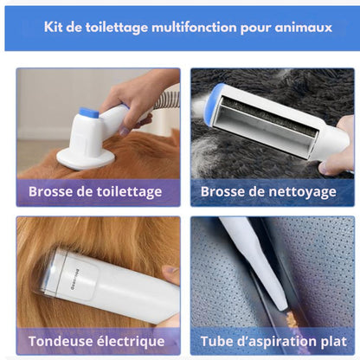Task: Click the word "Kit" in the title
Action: pyautogui.click(x=54, y=28)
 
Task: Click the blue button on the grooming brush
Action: pyautogui.click(x=90, y=113)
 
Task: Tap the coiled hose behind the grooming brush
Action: pyautogui.click(x=167, y=101)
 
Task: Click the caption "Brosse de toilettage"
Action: pyautogui.click(x=95, y=192)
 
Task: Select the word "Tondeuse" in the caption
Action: pyautogui.click(x=60, y=341)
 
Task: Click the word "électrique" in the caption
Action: pyautogui.click(x=131, y=341)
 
